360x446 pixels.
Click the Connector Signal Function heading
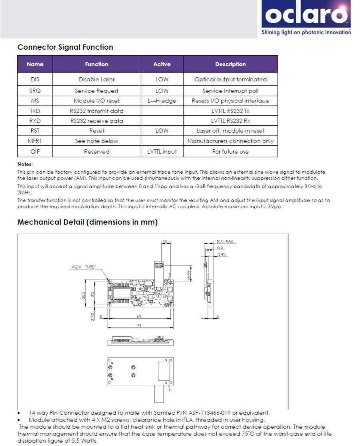65,47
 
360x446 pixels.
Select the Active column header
162,64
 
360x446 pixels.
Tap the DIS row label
35,79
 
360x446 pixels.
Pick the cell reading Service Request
97,91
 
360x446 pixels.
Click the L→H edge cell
162,101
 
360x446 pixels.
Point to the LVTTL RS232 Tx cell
230,111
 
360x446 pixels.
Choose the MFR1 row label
35,141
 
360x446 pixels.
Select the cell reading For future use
230,152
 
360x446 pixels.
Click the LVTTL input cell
162,152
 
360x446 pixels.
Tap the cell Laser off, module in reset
230,131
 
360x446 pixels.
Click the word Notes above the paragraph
25,164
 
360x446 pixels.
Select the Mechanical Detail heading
88,222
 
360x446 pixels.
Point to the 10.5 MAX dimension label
224,242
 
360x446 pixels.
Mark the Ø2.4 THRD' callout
84,267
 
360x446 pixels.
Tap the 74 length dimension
139,326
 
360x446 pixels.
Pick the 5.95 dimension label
221,254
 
